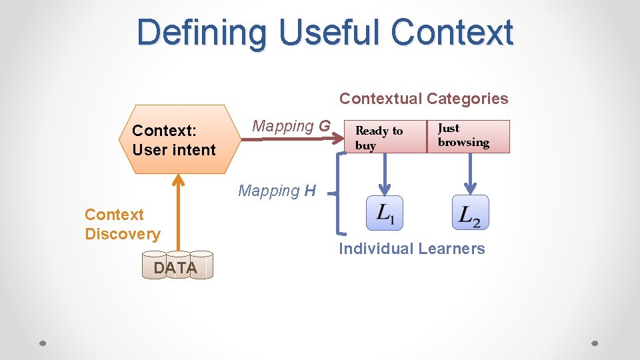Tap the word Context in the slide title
click(x=453, y=33)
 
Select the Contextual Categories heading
click(x=423, y=99)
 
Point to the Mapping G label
click(x=291, y=126)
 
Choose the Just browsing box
click(x=468, y=137)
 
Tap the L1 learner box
click(x=384, y=213)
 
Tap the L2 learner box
click(x=470, y=213)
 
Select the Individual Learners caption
click(x=411, y=249)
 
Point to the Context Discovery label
click(x=122, y=224)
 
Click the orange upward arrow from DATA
click(x=177, y=213)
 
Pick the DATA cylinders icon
click(x=177, y=265)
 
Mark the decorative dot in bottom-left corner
click(x=42, y=343)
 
